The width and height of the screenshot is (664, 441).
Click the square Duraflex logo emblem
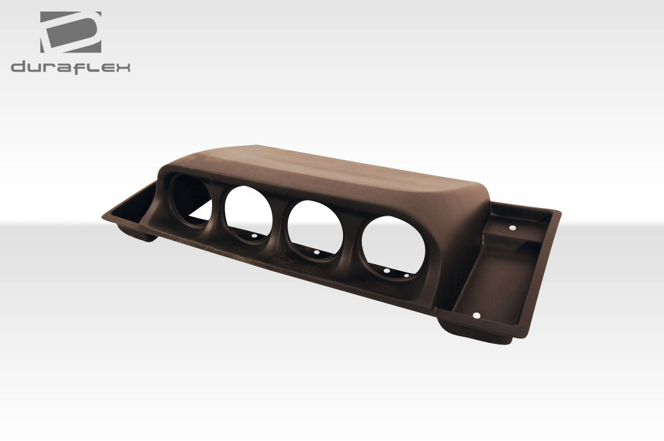click(70, 32)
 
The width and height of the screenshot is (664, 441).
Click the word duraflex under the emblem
click(70, 67)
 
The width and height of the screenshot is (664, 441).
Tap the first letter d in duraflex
click(17, 67)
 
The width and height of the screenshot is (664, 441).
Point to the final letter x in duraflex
click(123, 68)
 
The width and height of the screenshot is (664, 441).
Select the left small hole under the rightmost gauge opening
click(386, 271)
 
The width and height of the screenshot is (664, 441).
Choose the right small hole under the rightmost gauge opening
click(407, 275)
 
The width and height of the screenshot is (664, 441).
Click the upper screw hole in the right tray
click(512, 229)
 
